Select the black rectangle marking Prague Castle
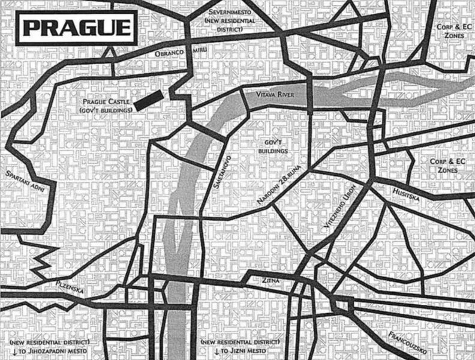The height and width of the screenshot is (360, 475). tap(148, 101)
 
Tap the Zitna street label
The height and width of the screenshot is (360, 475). tap(270, 280)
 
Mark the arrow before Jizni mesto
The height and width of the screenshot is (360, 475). tap(217, 350)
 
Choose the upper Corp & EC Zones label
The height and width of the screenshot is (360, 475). tap(450, 32)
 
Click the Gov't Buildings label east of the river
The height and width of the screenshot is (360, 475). tap(276, 148)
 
